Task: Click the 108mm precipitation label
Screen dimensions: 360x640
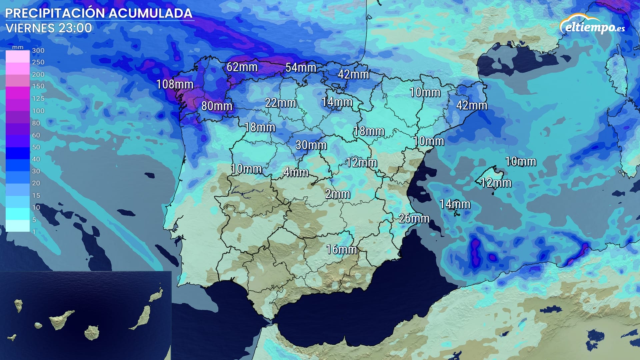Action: point(175,84)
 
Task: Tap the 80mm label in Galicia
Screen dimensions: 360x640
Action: point(217,106)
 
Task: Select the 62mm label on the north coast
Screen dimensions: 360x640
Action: point(242,67)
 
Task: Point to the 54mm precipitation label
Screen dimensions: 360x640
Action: point(301,68)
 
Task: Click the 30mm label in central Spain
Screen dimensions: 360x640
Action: point(311,145)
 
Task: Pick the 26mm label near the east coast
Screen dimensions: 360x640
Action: point(414,219)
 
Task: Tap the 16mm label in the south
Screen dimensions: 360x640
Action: point(341,249)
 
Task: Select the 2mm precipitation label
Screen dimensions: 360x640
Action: point(337,194)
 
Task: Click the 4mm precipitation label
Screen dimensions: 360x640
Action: point(296,172)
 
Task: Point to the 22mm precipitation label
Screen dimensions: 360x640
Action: point(280,103)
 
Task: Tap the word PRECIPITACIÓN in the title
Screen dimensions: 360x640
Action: point(55,13)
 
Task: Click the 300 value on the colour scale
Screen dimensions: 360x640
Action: point(38,50)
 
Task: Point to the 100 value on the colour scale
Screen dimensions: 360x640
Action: point(38,111)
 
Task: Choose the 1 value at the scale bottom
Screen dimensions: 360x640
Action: point(34,232)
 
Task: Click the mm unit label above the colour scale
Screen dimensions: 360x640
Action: point(18,47)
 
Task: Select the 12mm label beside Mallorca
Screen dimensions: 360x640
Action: point(496,183)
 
